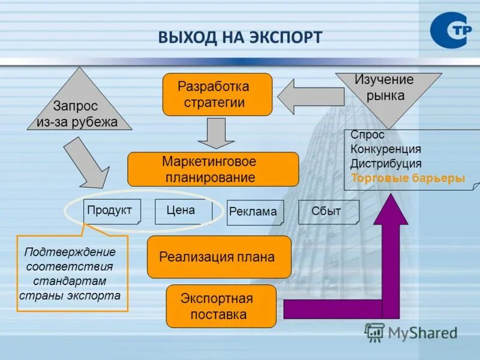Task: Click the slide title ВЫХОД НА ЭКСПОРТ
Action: point(240,37)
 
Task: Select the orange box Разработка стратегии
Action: point(217,94)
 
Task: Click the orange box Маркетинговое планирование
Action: point(213,169)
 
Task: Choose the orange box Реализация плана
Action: point(219,257)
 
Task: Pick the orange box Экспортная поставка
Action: point(221,306)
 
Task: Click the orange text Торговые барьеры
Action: point(408,178)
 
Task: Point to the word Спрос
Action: point(367,135)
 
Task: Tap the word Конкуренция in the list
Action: point(386,149)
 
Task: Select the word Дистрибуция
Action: point(386,164)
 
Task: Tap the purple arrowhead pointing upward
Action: point(391,210)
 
